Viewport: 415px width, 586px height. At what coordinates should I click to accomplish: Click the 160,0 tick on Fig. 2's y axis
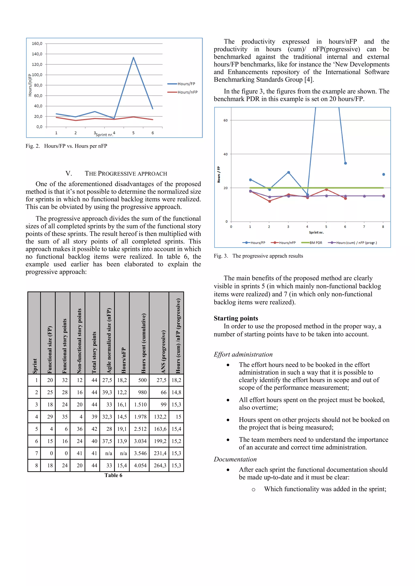[x=37, y=44]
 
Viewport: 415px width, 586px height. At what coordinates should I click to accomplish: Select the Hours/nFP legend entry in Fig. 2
[x=187, y=92]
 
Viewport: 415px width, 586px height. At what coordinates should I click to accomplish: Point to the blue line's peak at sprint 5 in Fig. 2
[x=133, y=57]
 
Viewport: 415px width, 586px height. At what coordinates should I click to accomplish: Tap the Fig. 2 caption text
[x=66, y=146]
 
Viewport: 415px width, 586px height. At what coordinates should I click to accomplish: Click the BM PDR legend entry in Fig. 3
[x=315, y=243]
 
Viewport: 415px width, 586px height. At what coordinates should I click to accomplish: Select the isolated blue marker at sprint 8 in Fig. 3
[x=383, y=174]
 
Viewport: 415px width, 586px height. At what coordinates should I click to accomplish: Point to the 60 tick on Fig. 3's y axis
[x=225, y=120]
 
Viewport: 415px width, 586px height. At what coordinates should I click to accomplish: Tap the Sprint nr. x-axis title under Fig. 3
[x=316, y=232]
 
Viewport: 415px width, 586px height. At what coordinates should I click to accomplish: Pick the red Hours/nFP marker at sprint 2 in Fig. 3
[x=269, y=201]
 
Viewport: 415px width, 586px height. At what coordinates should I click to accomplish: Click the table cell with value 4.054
[x=140, y=465]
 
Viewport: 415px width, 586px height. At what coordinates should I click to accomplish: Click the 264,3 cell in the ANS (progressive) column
[x=160, y=465]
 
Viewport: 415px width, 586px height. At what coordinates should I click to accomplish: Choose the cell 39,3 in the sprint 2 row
[x=107, y=392]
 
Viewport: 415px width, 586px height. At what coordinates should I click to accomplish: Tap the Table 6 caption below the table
[x=113, y=475]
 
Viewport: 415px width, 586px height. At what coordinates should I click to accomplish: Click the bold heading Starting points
[x=236, y=318]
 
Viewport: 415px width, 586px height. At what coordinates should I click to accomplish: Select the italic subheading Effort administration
[x=243, y=354]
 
